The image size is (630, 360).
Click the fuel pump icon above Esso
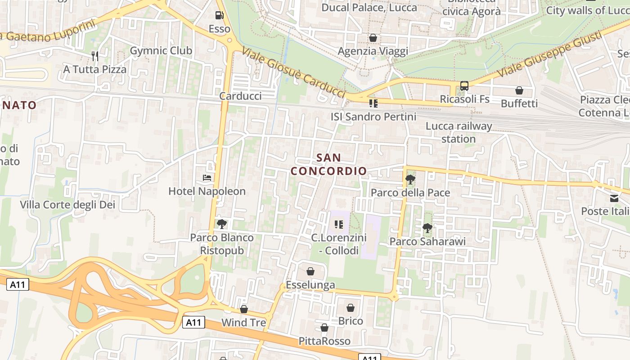[219, 15]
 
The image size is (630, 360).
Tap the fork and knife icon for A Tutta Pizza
[95, 56]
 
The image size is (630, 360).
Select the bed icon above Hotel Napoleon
[207, 178]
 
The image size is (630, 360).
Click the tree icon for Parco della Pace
[410, 180]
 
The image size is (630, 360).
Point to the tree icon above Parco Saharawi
[427, 228]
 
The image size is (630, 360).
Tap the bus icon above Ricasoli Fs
[464, 85]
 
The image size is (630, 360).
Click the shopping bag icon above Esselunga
[310, 271]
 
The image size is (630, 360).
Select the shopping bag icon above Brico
[351, 308]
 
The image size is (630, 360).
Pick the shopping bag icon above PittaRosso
[324, 328]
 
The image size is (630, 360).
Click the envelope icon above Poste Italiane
[614, 198]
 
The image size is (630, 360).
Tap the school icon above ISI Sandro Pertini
[373, 103]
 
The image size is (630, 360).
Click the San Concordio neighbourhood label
[328, 164]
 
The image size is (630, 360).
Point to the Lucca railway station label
[459, 132]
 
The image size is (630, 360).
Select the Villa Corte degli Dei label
[67, 205]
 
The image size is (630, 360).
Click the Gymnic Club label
[161, 51]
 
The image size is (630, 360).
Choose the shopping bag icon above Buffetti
[519, 90]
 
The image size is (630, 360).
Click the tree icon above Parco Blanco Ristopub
[221, 224]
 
